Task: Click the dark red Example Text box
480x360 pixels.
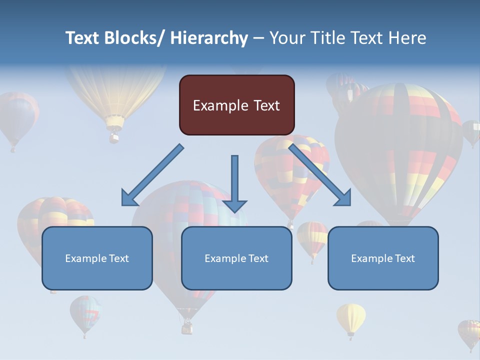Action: [236, 105]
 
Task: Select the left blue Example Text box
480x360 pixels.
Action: [97, 258]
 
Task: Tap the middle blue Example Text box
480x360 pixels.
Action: [236, 258]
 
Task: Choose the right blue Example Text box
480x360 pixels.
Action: [383, 258]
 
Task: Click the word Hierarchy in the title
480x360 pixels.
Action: [209, 38]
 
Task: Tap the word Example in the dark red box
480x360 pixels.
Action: [220, 105]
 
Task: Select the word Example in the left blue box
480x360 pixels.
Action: [86, 258]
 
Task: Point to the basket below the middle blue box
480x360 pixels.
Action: [187, 327]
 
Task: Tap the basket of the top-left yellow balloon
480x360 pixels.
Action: [114, 136]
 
